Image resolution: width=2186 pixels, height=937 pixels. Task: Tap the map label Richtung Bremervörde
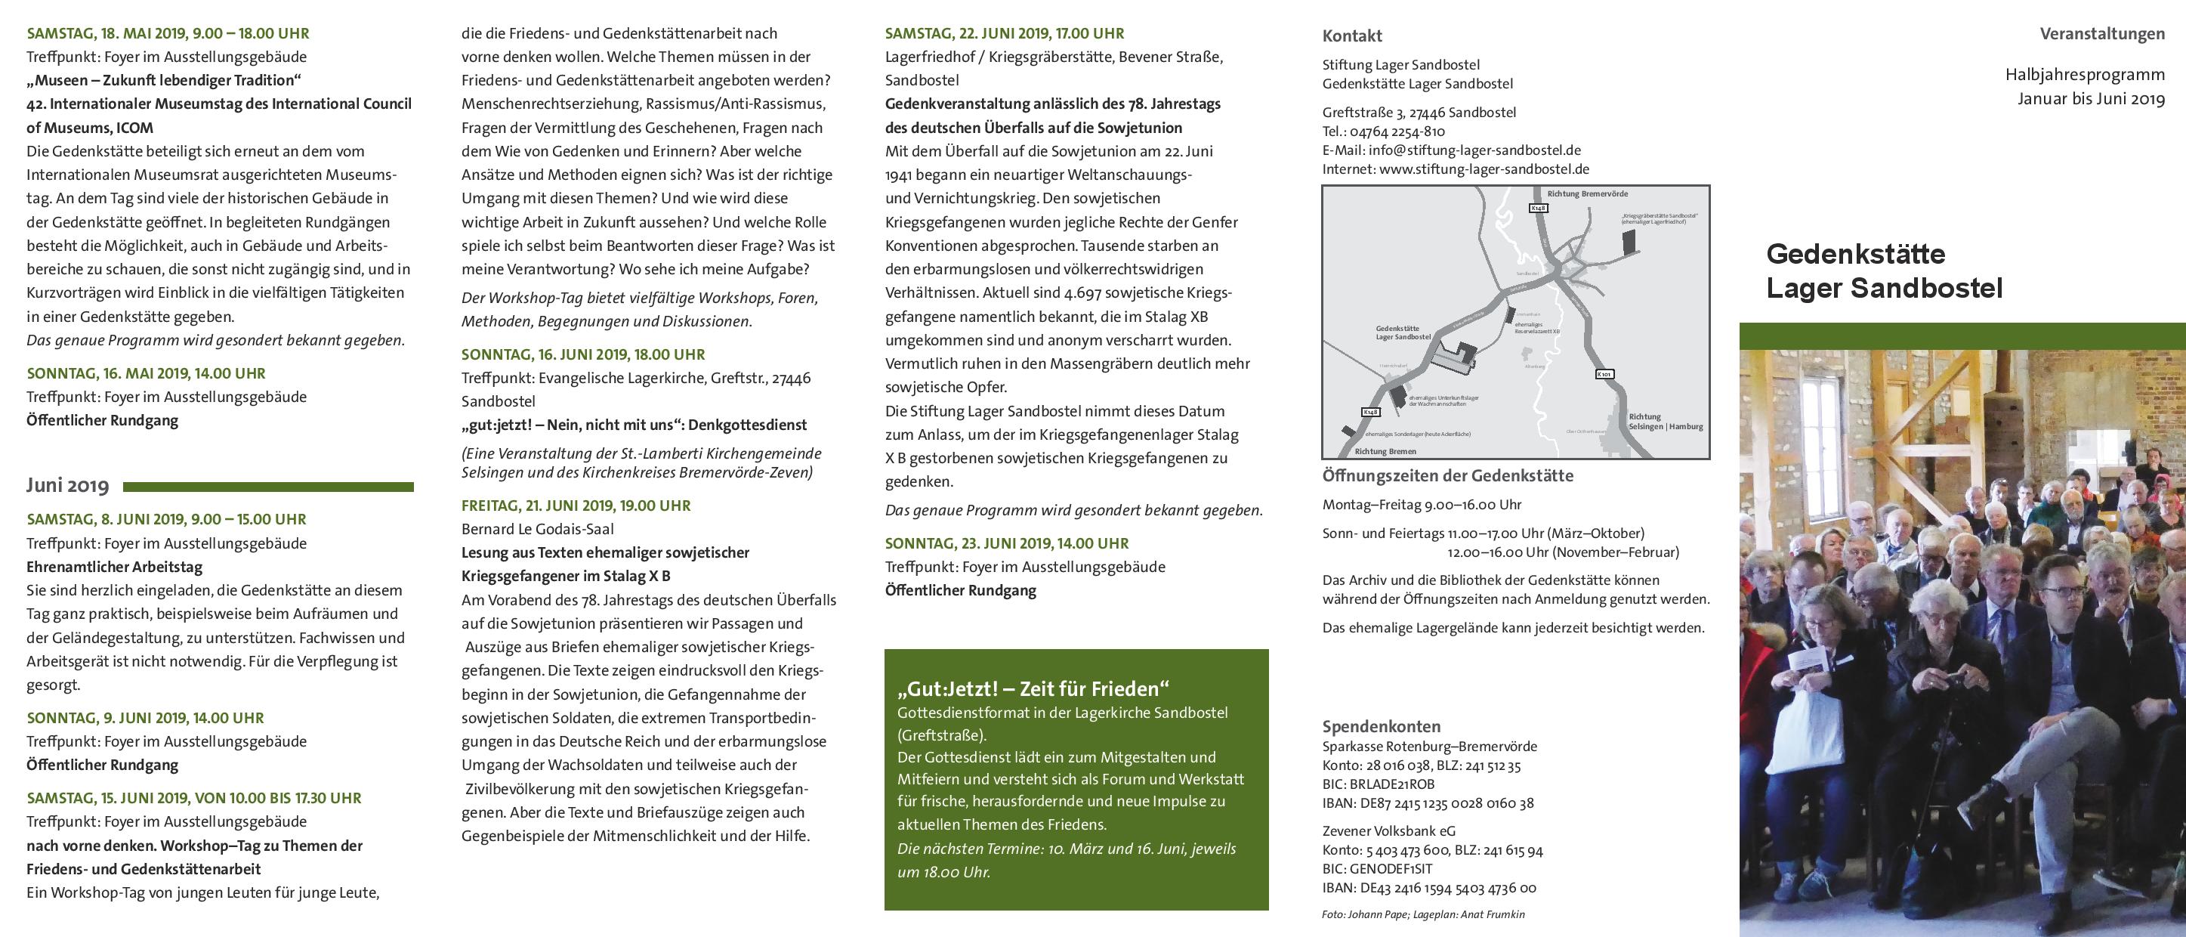[x=1587, y=193]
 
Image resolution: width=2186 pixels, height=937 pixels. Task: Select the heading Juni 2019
[x=68, y=485]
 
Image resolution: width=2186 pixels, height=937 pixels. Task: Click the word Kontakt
[x=1352, y=36]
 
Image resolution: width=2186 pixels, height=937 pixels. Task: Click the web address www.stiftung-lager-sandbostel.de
[x=1484, y=169]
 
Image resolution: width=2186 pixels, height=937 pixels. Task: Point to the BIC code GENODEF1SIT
[x=1391, y=869]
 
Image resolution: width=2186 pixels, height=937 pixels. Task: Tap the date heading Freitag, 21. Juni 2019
[x=576, y=506]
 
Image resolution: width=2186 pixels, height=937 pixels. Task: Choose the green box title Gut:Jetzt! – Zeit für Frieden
[x=1033, y=689]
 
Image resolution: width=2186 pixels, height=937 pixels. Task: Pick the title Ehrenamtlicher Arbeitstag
[x=115, y=567]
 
